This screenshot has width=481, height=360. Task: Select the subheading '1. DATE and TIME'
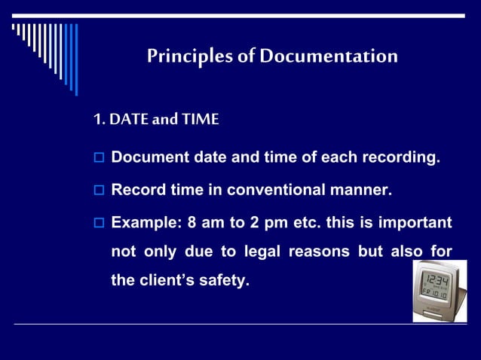(x=155, y=120)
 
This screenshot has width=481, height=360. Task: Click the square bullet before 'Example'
(x=98, y=224)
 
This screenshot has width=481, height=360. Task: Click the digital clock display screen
(x=437, y=288)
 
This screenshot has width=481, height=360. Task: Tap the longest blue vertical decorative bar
(x=75, y=59)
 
